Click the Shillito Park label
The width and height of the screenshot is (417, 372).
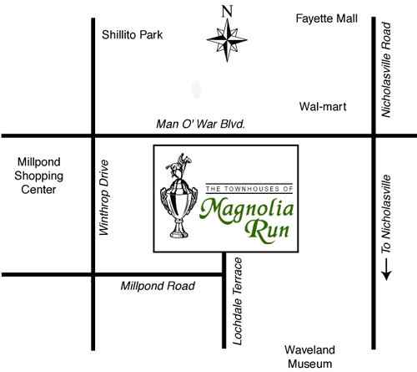click(132, 35)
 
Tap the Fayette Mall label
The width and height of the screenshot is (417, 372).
click(327, 18)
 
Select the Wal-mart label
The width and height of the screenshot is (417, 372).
click(323, 107)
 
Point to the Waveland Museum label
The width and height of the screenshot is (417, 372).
click(309, 357)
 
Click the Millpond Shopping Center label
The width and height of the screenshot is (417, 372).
click(39, 176)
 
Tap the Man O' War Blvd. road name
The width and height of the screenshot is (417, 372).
click(201, 124)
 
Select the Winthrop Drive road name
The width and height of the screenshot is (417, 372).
click(104, 197)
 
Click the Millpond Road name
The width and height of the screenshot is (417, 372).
click(158, 286)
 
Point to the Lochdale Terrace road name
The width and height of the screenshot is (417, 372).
click(237, 301)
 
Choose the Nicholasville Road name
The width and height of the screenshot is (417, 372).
click(386, 69)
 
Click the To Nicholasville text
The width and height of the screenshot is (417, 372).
click(386, 214)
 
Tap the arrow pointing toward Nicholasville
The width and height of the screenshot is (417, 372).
click(386, 269)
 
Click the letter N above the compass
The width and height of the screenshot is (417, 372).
click(227, 12)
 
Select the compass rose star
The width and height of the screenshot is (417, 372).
click(227, 40)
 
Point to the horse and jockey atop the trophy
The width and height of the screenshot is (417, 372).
click(179, 166)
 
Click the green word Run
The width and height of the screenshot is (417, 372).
click(267, 231)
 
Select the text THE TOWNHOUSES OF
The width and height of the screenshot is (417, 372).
click(249, 189)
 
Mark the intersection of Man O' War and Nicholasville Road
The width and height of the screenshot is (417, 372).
click(374, 135)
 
